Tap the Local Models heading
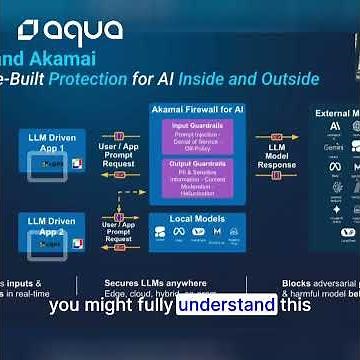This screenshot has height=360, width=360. pyautogui.click(x=197, y=219)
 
